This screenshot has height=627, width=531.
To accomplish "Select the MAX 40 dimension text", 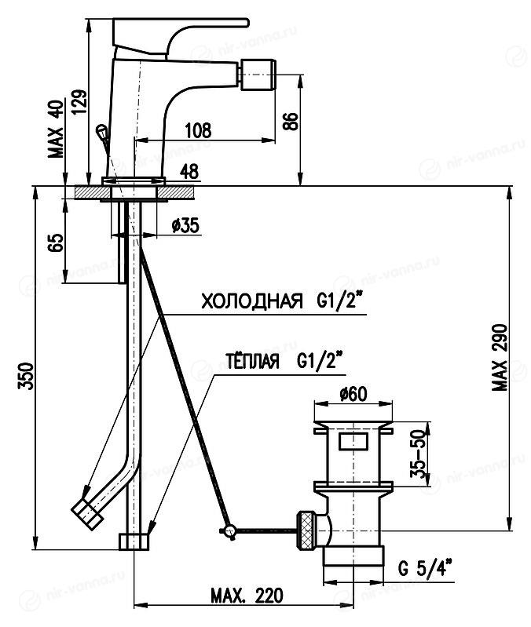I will click(x=54, y=130).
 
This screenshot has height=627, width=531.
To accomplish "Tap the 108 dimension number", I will click(x=200, y=131).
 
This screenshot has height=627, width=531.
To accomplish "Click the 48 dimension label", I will click(x=189, y=170).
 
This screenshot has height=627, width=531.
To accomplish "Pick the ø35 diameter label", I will click(x=185, y=225).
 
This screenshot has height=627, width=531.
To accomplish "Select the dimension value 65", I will click(x=53, y=242).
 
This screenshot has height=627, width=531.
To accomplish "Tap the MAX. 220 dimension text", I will click(x=247, y=596).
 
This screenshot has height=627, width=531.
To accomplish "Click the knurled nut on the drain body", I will click(x=307, y=530).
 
